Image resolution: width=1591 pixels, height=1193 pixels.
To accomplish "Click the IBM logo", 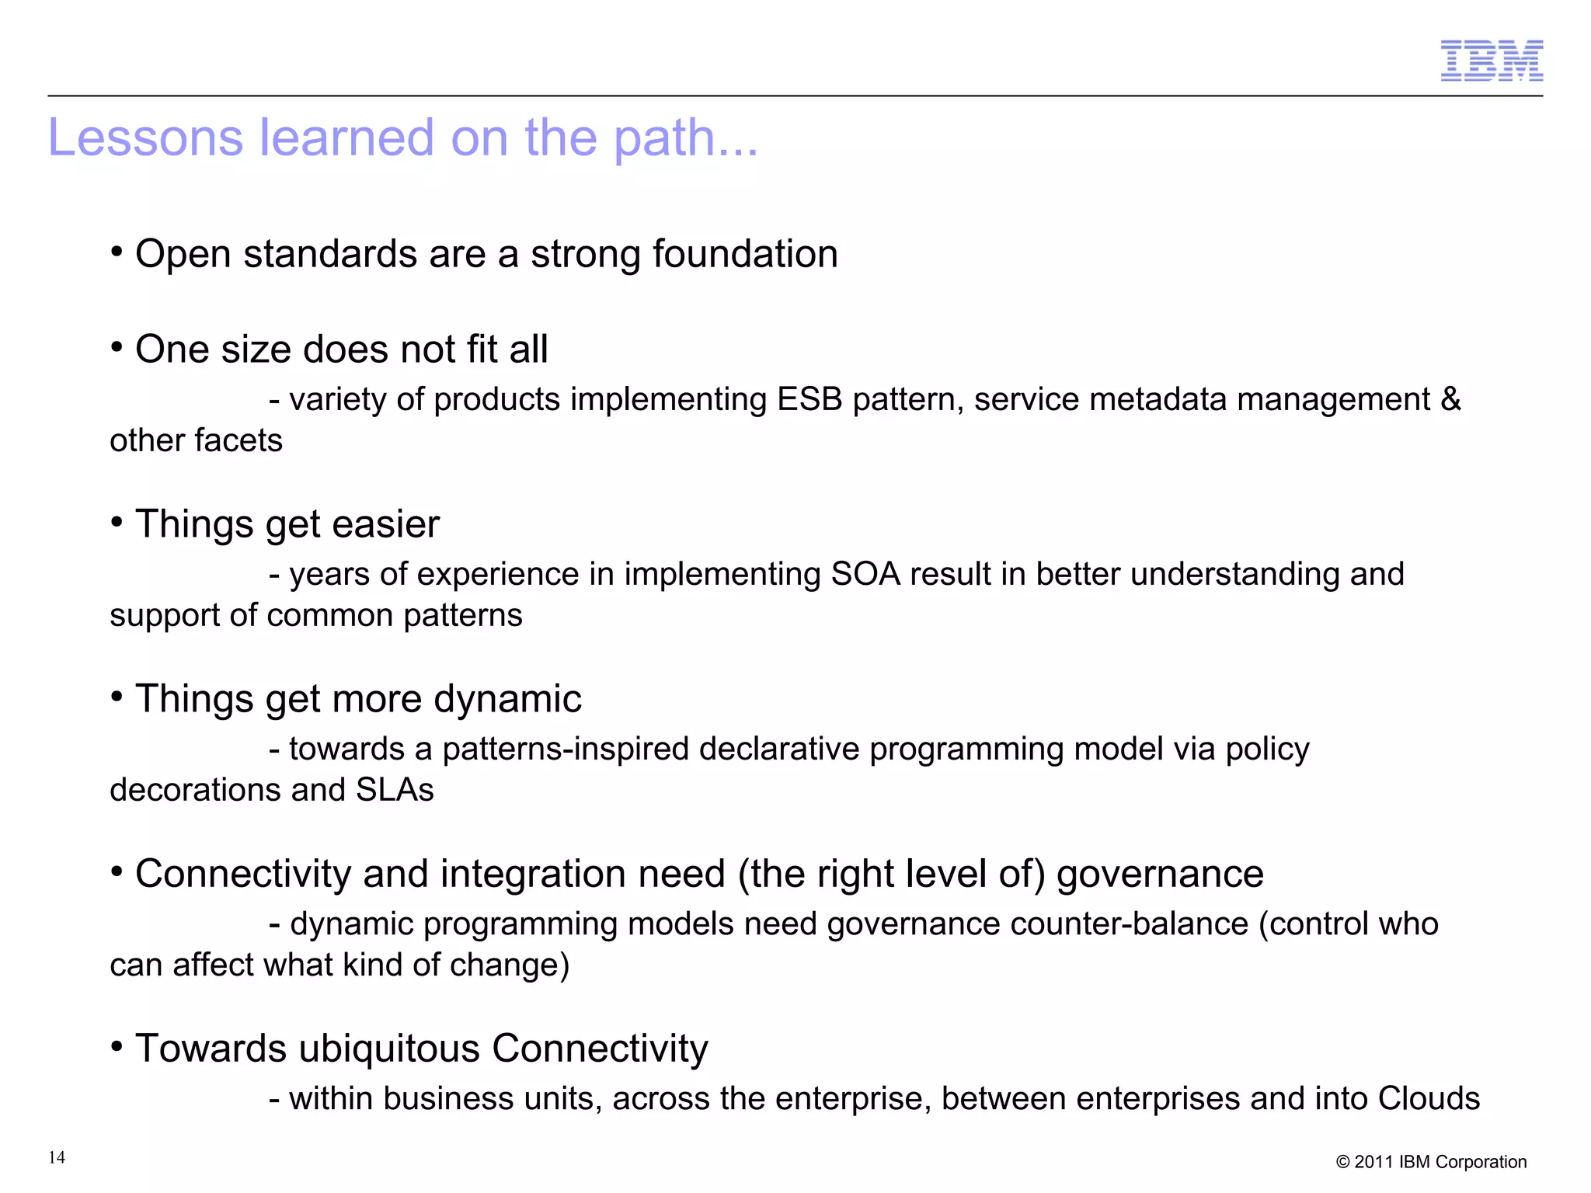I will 1491,61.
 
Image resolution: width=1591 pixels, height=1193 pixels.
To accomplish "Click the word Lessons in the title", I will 145,137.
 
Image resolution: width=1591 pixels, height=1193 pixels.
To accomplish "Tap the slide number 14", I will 57,1157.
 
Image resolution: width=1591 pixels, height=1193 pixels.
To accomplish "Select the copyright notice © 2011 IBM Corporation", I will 1431,1162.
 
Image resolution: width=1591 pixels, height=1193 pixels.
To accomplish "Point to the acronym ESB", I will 809,399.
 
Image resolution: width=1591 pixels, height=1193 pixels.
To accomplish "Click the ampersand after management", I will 1450,399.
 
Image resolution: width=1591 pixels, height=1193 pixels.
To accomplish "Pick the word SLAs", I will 395,790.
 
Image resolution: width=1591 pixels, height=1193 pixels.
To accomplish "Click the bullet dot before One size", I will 117,347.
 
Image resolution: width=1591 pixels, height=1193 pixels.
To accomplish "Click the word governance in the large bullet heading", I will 1160,874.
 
